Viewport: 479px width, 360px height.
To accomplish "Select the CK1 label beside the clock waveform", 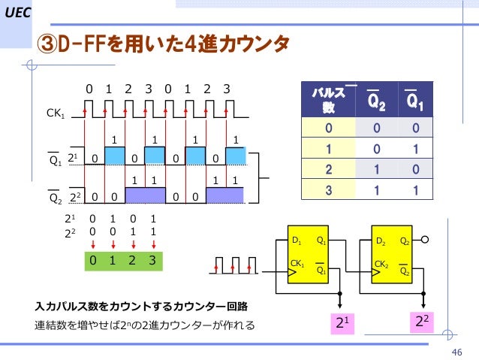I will pyautogui.click(x=56, y=113).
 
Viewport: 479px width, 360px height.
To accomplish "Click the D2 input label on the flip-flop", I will pyautogui.click(x=381, y=241).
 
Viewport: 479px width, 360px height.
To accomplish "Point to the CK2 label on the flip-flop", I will pyautogui.click(x=381, y=265).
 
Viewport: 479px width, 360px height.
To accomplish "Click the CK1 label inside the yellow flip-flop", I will pyautogui.click(x=297, y=265).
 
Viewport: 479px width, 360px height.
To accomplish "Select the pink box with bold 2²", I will pyautogui.click(x=423, y=321).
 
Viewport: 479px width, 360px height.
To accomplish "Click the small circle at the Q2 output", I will pyautogui.click(x=425, y=241).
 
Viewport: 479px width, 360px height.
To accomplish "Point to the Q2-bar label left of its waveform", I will pyautogui.click(x=55, y=198).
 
